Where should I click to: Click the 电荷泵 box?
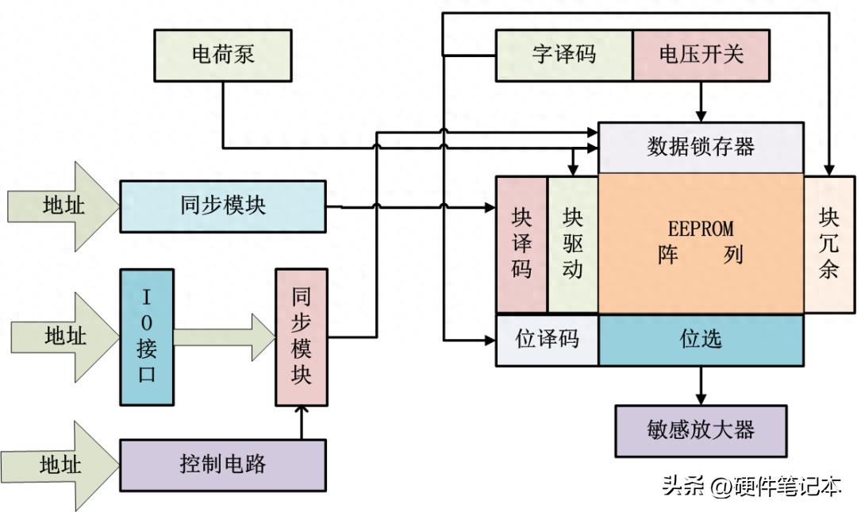222,56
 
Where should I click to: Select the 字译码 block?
564,56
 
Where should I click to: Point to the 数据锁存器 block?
701,147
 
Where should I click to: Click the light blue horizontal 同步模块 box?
222,206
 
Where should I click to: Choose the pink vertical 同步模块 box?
302,337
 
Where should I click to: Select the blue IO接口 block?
146,337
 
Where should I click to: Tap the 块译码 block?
521,244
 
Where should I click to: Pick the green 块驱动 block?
572,244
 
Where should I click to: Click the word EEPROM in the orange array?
701,229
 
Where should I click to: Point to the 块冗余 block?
829,244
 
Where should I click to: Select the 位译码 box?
548,340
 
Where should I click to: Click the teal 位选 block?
701,340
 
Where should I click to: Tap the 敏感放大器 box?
701,431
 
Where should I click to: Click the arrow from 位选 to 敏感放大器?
701,385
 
